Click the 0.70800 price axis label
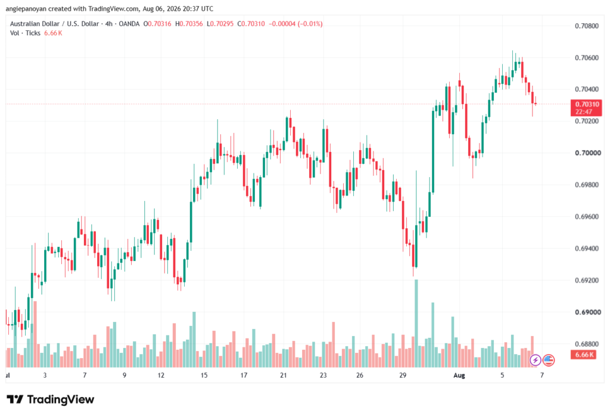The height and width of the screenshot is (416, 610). pyautogui.click(x=587, y=26)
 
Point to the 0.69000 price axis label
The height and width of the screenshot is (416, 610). pyautogui.click(x=587, y=312)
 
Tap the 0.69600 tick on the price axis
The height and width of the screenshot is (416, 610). pyautogui.click(x=587, y=217)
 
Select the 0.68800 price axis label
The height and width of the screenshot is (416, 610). pyautogui.click(x=587, y=344)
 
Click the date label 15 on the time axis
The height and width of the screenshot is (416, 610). pyautogui.click(x=204, y=375)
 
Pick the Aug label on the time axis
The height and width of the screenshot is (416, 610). pyautogui.click(x=459, y=375)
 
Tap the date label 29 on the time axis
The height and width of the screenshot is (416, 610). pyautogui.click(x=403, y=375)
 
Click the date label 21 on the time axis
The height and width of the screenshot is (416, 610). pyautogui.click(x=283, y=375)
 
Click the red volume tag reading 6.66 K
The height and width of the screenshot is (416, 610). pyautogui.click(x=583, y=355)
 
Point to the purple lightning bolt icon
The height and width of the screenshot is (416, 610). pyautogui.click(x=536, y=360)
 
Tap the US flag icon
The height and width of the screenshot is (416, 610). pyautogui.click(x=549, y=360)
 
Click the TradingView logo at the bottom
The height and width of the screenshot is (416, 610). pyautogui.click(x=51, y=400)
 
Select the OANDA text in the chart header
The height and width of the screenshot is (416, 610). pyautogui.click(x=129, y=24)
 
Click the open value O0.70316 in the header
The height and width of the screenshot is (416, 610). pyautogui.click(x=157, y=24)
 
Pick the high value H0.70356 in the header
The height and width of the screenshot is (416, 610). pyautogui.click(x=189, y=24)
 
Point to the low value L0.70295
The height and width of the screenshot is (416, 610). pyautogui.click(x=220, y=24)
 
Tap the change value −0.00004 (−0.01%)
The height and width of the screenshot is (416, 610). pyautogui.click(x=295, y=24)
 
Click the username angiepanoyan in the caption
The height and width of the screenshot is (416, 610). pyautogui.click(x=26, y=8)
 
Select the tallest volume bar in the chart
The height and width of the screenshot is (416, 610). pyautogui.click(x=416, y=324)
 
